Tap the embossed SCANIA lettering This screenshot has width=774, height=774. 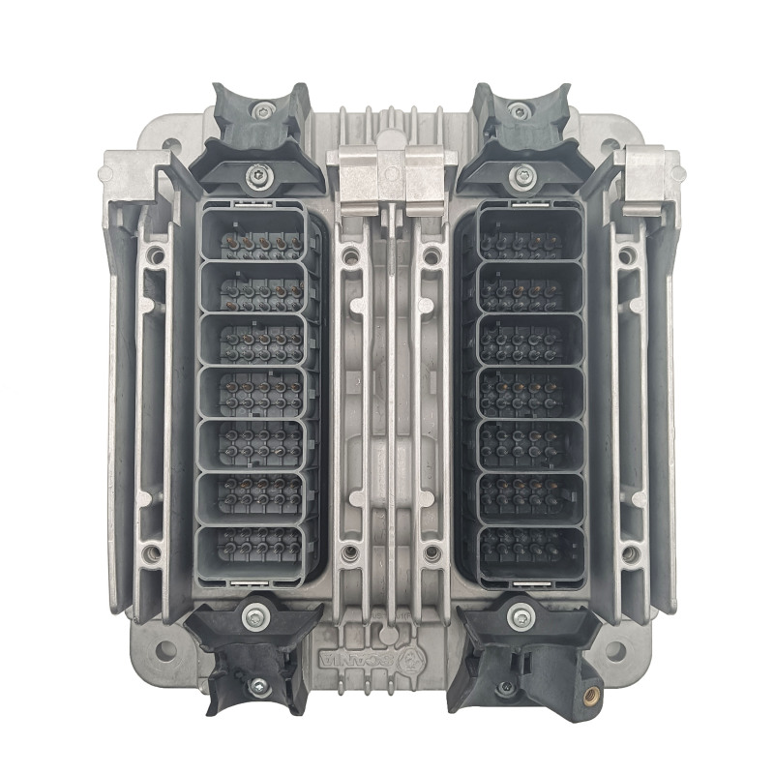click(367, 660)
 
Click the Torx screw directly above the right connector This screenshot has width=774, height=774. click(522, 176)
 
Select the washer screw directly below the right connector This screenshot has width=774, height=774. click(521, 612)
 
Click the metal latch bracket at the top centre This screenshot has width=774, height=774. click(387, 174)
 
